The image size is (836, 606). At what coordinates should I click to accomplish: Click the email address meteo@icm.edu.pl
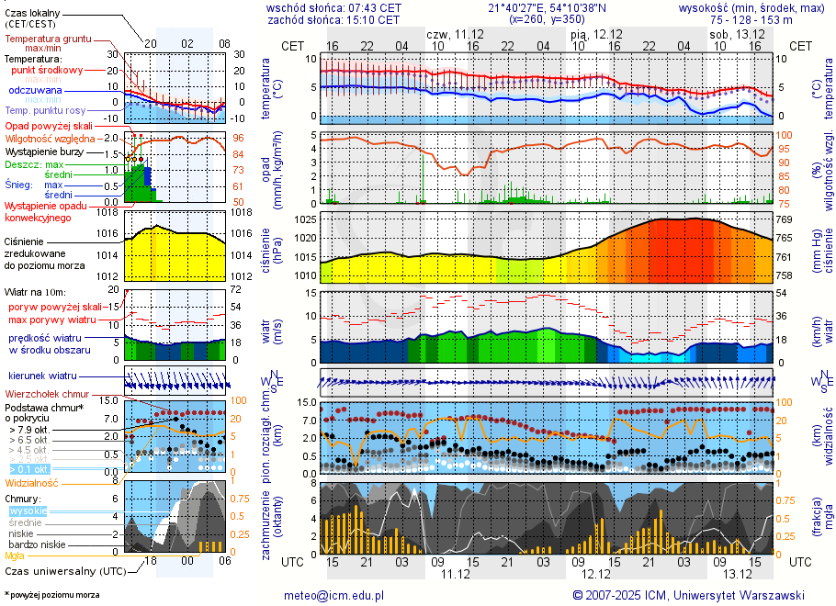339,595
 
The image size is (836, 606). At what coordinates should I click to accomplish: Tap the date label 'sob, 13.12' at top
737,34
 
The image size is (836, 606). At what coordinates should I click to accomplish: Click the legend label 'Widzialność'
32,482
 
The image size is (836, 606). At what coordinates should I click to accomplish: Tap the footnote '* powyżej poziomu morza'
52,595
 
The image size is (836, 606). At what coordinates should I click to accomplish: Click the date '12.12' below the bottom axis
596,574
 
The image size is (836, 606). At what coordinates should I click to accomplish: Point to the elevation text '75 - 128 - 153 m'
751,19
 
